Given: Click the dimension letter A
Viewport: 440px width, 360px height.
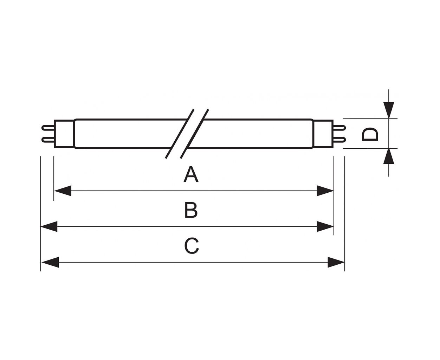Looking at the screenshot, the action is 191,174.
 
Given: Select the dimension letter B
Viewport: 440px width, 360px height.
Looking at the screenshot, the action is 191,210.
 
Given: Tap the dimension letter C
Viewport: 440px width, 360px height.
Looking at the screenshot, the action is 191,246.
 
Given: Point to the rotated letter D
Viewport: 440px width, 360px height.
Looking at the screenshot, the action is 370,134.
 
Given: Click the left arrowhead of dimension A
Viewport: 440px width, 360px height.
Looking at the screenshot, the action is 63,191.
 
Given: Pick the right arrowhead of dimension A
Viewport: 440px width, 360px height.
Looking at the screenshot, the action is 325,191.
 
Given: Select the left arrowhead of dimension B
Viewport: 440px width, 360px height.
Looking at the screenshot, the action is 49,226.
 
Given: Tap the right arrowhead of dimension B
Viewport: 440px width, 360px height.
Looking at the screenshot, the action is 325,226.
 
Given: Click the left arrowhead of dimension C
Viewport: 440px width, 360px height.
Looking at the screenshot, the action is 50,262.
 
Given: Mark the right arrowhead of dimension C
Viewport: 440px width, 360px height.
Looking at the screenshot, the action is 336,262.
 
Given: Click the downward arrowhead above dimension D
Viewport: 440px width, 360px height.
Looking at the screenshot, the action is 389,110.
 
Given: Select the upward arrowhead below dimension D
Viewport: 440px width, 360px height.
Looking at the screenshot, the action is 389,156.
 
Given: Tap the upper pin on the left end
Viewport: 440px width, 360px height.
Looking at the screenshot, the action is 48,128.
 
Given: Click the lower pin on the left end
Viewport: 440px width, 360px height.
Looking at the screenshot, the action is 48,140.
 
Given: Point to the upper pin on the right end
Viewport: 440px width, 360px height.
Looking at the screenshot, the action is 339,128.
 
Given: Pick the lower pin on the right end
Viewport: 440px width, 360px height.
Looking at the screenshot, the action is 339,140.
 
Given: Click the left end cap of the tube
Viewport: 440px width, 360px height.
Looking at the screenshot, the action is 64,134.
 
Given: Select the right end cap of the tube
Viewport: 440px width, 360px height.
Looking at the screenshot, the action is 323,134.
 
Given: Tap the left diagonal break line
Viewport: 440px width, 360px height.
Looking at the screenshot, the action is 180,134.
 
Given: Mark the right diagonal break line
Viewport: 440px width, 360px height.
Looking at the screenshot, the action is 194,134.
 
